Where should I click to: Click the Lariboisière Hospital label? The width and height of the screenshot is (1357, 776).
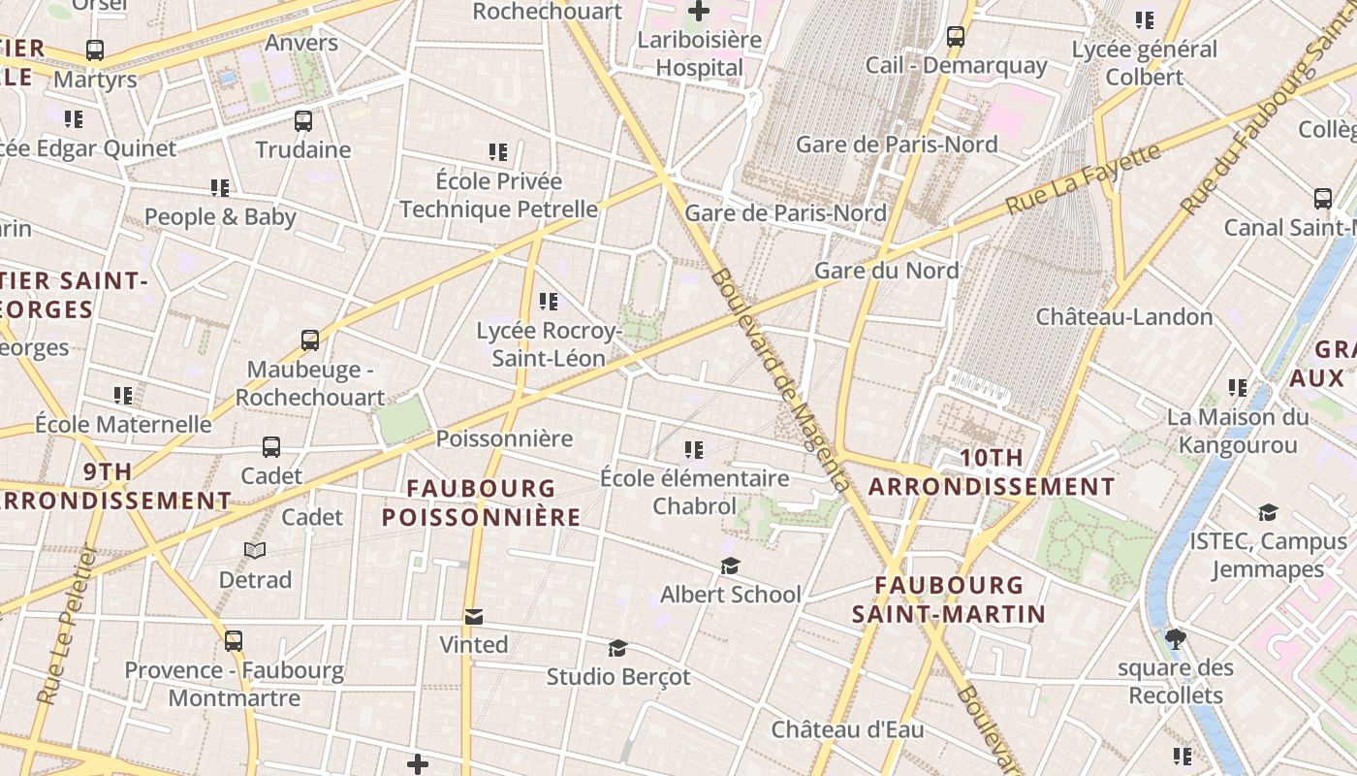coord(700,54)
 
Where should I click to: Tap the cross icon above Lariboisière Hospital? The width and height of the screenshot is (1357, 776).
coord(699,12)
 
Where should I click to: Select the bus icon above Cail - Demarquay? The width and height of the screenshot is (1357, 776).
coord(956,37)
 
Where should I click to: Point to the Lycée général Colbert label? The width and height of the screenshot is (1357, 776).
coord(1145,63)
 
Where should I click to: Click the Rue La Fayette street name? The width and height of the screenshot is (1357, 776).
coord(1082,179)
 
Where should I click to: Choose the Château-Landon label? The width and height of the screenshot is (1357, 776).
coord(1124,317)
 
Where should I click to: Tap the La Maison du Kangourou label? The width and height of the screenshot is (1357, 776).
coord(1238,431)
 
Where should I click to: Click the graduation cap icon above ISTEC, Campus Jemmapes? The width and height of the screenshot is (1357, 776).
coord(1268,512)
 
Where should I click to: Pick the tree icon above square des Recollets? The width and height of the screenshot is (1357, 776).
coord(1176,639)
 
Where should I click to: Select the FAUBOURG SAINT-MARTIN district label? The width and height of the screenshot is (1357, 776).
coord(949,599)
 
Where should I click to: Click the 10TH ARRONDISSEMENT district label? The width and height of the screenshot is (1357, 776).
coord(992,471)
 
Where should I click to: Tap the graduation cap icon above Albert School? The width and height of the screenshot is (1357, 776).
coord(730,566)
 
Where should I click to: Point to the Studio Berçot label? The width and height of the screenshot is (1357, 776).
coord(618,676)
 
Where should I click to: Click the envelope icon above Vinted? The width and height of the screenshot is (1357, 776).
coord(473,617)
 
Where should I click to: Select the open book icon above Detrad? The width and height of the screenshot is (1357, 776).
coord(255,551)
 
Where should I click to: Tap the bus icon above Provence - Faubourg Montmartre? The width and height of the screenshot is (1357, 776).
coord(234,641)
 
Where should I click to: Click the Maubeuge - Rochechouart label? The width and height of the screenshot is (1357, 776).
coord(310,383)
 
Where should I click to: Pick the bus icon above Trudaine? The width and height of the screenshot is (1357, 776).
coord(303,121)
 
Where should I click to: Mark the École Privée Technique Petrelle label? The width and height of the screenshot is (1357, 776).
coord(498,195)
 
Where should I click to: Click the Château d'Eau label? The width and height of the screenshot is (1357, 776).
coord(847,729)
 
